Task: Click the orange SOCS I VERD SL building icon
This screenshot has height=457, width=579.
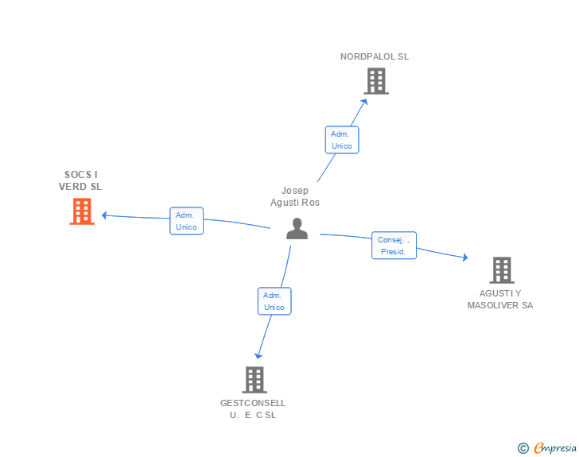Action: [x=82, y=211]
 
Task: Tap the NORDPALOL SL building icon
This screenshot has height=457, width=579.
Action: [x=376, y=81]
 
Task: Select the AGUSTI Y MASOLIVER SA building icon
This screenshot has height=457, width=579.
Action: [x=501, y=270]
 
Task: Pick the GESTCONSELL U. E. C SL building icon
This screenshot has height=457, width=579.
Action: [x=254, y=380]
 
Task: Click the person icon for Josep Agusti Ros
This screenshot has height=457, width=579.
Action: [x=297, y=229]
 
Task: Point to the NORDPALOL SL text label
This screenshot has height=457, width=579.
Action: [x=375, y=56]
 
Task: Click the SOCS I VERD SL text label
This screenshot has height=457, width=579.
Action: [x=80, y=180]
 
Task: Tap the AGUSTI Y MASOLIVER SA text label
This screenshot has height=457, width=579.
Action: [x=500, y=299]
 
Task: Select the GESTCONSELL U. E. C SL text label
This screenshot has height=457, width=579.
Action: [x=253, y=409]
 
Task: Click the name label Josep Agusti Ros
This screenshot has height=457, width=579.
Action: [x=295, y=196]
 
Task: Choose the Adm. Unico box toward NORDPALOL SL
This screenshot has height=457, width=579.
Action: [x=342, y=140]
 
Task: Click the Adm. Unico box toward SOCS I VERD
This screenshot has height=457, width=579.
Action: [x=186, y=221]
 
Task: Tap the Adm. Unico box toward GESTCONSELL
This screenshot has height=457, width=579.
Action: [x=274, y=301]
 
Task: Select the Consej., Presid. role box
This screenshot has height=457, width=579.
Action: [x=394, y=246]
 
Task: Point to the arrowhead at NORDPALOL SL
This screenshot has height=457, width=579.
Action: [x=364, y=100]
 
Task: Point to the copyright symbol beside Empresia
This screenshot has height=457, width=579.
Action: [x=523, y=448]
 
